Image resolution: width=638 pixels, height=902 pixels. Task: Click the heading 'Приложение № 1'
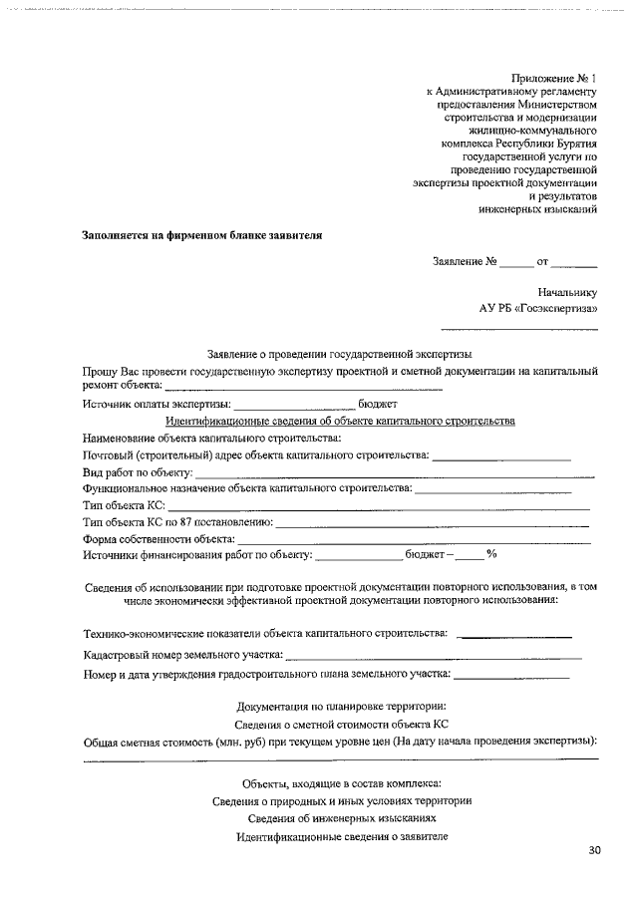pos(553,78)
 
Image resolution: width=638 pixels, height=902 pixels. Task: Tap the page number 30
pos(596,850)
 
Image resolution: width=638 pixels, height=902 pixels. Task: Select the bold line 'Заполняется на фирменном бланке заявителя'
pos(201,236)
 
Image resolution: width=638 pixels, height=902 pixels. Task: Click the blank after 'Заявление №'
pos(516,264)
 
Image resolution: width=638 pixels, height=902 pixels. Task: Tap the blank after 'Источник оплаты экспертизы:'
pos(294,405)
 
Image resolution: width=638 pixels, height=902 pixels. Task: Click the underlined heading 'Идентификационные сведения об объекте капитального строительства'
pos(339,421)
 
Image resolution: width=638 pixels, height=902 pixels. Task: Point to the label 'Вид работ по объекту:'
pos(137,471)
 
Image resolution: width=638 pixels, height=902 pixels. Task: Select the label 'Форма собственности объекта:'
pos(159,539)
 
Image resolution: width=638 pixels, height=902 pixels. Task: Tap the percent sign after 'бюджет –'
pos(491,554)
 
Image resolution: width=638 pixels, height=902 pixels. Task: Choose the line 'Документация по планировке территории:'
pos(341,707)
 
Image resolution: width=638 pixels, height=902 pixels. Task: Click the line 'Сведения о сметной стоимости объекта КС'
pos(341,724)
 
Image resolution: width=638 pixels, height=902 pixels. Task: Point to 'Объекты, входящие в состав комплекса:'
pos(341,783)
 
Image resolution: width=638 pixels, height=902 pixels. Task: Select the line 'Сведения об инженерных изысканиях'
pos(341,818)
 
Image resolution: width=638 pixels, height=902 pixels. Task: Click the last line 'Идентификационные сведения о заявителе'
pos(341,836)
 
